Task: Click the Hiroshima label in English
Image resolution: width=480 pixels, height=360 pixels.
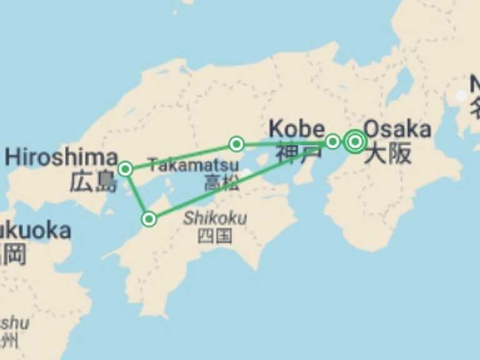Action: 61,156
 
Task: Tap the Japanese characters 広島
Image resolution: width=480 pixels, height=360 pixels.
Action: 94,182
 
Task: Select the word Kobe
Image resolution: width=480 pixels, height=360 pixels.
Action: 294,129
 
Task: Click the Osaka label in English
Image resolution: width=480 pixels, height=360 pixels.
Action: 397,129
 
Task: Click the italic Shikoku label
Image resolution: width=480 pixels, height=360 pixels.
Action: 214,219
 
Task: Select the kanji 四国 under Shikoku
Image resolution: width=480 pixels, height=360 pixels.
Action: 214,236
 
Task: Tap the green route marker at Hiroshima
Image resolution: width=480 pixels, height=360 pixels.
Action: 126,169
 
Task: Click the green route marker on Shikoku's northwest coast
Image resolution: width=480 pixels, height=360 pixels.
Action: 149,219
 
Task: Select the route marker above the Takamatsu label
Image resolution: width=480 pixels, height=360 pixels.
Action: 236,144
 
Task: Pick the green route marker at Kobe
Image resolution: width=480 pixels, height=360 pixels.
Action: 333,141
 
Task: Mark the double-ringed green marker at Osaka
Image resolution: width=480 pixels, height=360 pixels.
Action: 355,142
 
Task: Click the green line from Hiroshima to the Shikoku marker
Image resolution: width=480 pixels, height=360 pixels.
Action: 137,194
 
